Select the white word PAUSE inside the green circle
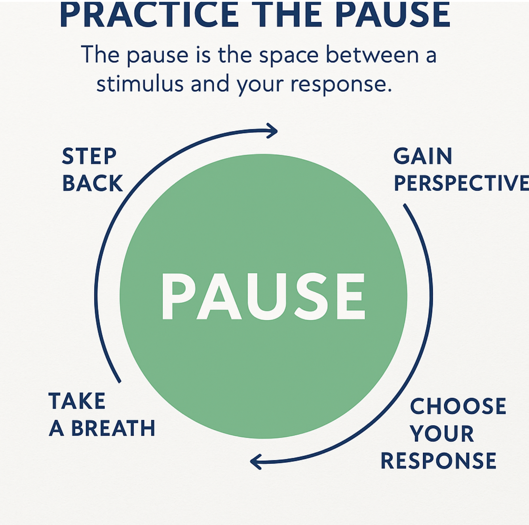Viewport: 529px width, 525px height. (x=263, y=296)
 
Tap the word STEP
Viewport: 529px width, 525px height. (x=89, y=156)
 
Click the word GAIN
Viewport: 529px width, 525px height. (x=423, y=156)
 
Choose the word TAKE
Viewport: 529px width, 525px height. (x=77, y=401)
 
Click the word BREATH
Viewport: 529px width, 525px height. (x=113, y=428)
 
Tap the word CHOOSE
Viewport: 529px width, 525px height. (x=458, y=406)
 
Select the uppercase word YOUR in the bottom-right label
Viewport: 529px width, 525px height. (x=442, y=434)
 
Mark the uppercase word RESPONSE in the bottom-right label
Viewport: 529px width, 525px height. (x=438, y=461)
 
